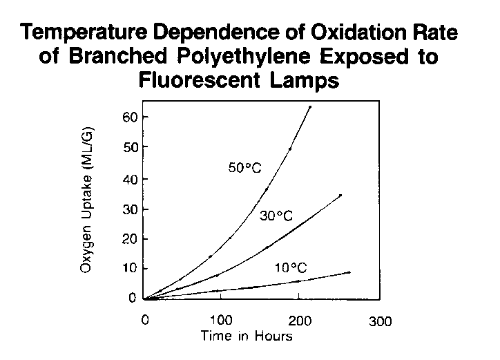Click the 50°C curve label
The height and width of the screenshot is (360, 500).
tap(247, 167)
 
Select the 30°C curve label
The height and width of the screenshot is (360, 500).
tap(277, 216)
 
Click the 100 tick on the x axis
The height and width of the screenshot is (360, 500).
tap(221, 321)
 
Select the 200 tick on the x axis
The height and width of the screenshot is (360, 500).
tap(300, 321)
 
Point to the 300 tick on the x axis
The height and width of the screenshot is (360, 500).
tap(379, 321)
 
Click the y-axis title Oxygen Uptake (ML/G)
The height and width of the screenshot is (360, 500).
tap(87, 200)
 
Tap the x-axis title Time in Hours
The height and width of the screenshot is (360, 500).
tap(247, 337)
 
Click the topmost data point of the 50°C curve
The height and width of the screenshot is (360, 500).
tap(310, 107)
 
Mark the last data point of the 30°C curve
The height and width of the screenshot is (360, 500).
tap(340, 196)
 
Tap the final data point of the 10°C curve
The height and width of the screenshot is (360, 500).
tap(349, 272)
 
